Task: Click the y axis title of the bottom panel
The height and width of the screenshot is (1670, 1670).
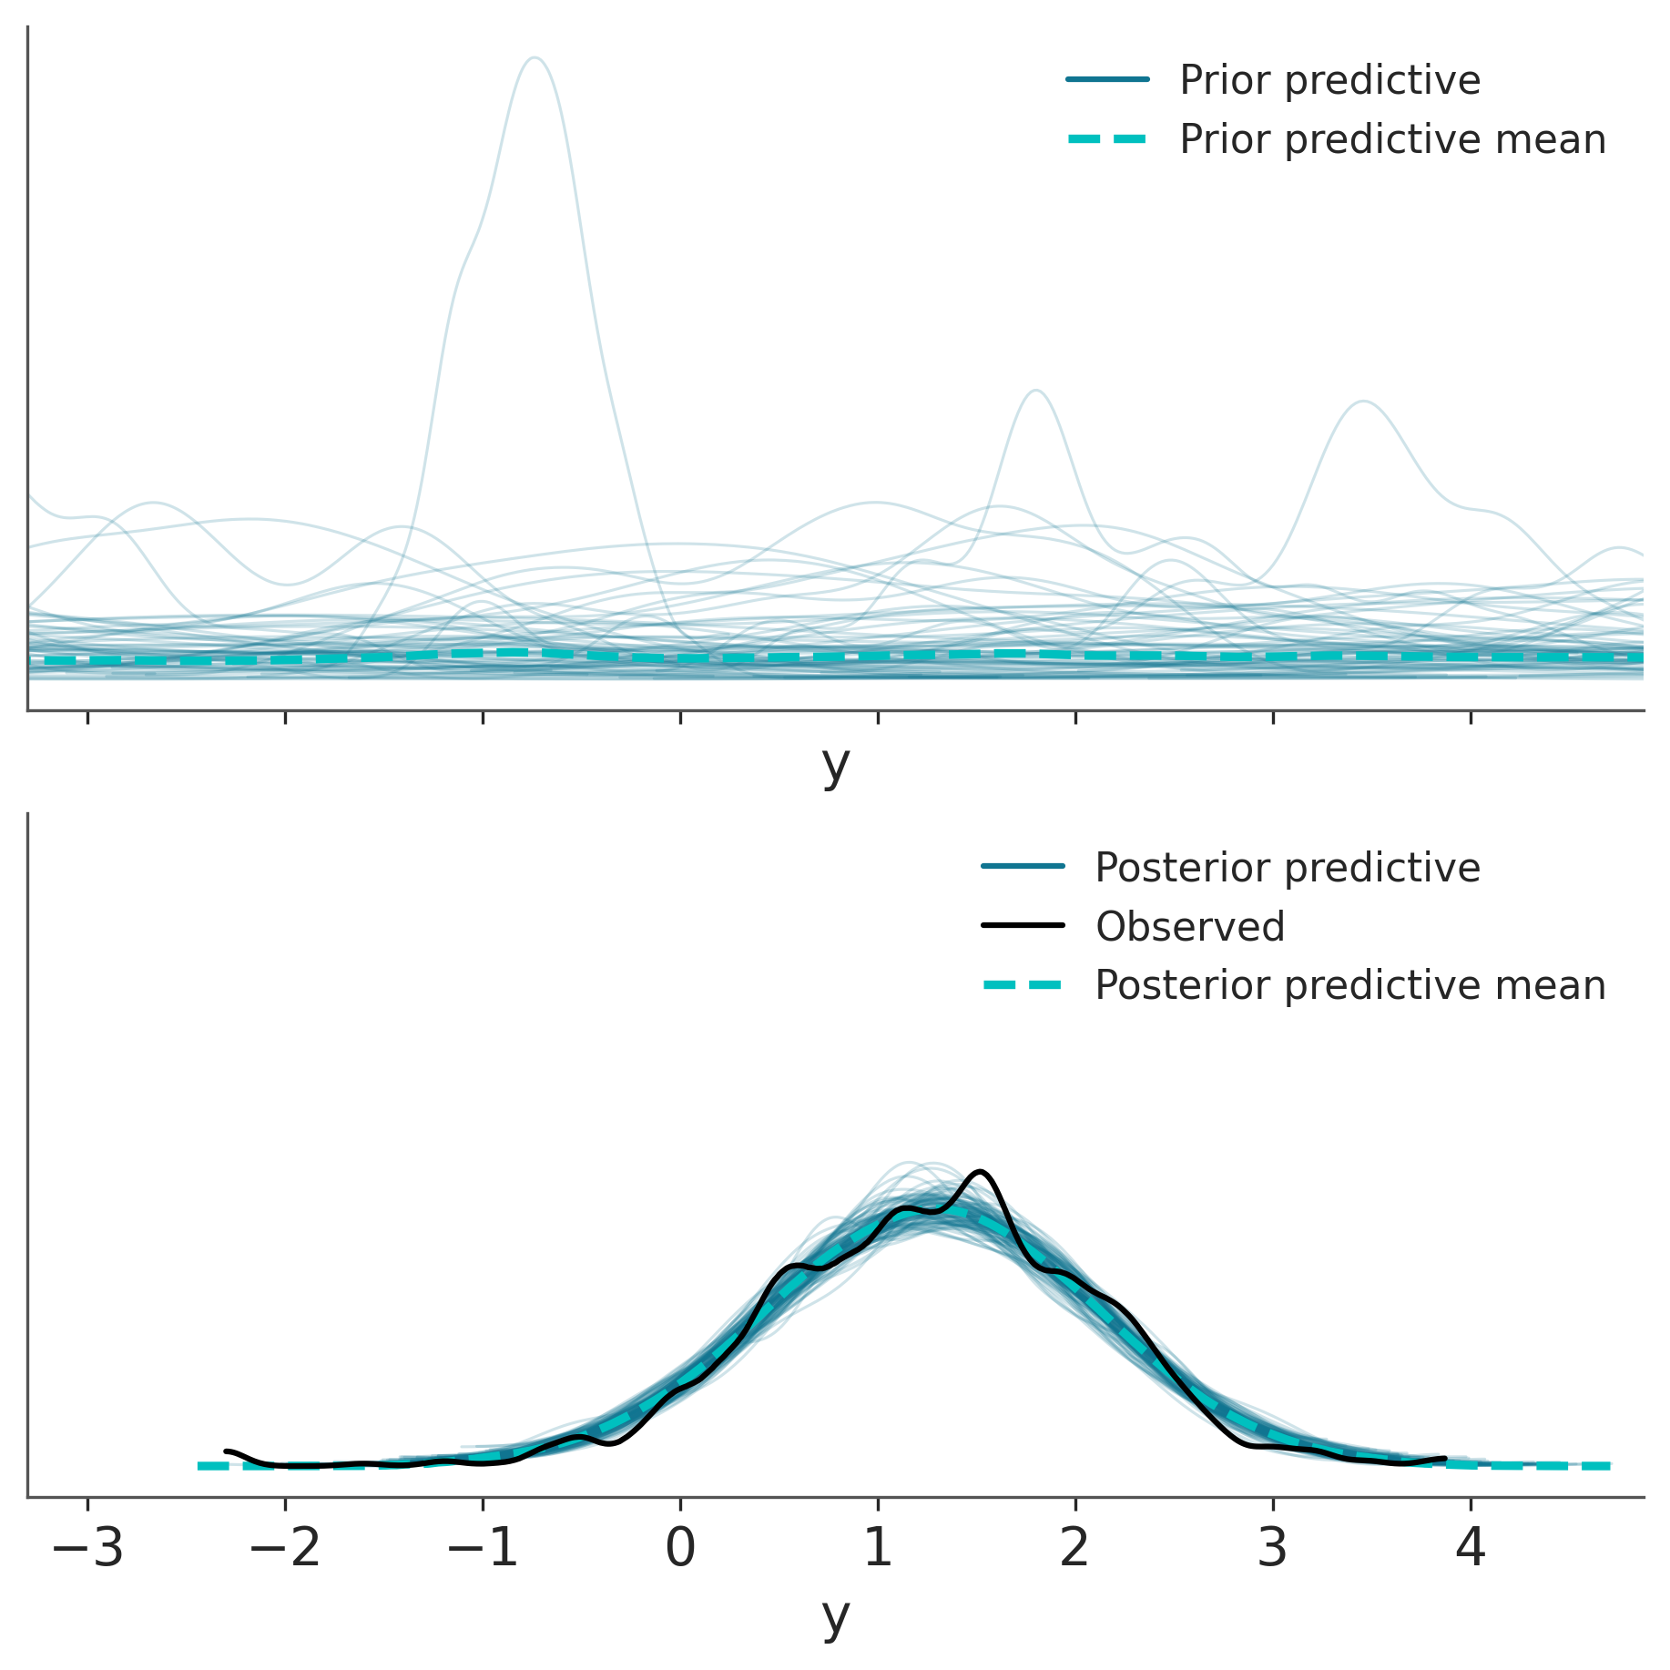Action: pyautogui.click(x=835, y=1615)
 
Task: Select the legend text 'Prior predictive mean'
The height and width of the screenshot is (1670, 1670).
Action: pyautogui.click(x=1392, y=139)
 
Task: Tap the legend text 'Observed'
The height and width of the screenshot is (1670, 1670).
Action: pyautogui.click(x=1189, y=927)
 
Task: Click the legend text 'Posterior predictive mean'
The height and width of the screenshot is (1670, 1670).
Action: pyautogui.click(x=1349, y=985)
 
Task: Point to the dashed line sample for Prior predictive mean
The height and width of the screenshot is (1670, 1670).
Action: pyautogui.click(x=1107, y=139)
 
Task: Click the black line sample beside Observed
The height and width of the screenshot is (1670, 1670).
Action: pyautogui.click(x=1023, y=926)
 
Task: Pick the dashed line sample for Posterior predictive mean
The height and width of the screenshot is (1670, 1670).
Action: pyautogui.click(x=1023, y=985)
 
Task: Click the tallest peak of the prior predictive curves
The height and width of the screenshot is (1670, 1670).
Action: pyautogui.click(x=535, y=58)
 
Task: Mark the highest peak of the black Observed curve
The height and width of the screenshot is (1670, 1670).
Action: pyautogui.click(x=980, y=1171)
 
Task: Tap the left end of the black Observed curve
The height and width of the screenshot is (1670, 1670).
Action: pyautogui.click(x=226, y=1451)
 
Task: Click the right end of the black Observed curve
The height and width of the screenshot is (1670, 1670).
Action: pyautogui.click(x=1445, y=1458)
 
